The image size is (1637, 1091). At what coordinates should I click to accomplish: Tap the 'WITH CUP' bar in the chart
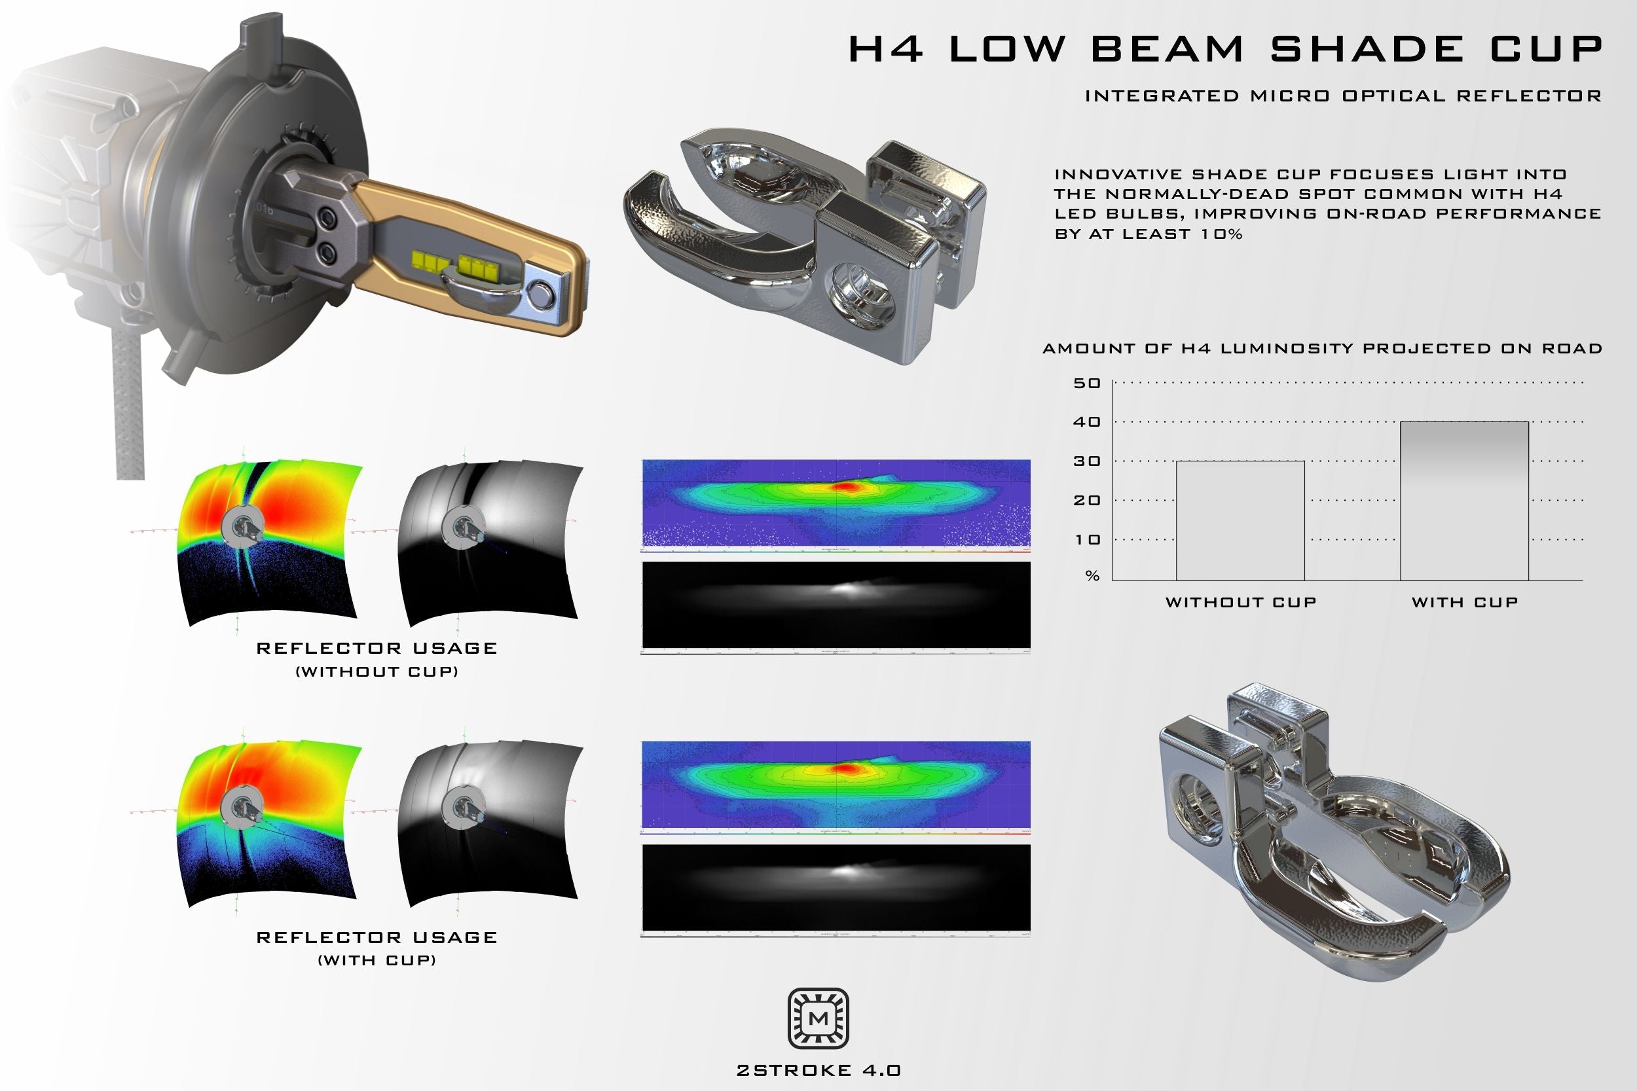pyautogui.click(x=1463, y=501)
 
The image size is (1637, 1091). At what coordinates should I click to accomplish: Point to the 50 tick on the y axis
pyautogui.click(x=1086, y=384)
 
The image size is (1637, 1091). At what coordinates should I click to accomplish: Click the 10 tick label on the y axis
pyautogui.click(x=1086, y=540)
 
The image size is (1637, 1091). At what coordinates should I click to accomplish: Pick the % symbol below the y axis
pyautogui.click(x=1092, y=576)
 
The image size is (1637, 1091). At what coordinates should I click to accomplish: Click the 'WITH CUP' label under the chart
pyautogui.click(x=1464, y=603)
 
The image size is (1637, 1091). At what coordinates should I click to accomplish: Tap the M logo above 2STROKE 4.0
pyautogui.click(x=818, y=1018)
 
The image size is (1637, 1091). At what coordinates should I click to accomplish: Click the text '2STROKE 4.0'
pyautogui.click(x=819, y=1070)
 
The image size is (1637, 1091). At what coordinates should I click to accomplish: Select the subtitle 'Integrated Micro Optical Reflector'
pyautogui.click(x=1342, y=96)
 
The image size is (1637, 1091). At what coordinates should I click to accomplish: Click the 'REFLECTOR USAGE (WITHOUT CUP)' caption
pyautogui.click(x=377, y=658)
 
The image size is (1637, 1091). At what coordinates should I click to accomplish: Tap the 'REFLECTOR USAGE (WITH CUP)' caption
pyautogui.click(x=377, y=947)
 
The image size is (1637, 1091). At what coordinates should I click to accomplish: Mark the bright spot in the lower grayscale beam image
pyautogui.click(x=845, y=870)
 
